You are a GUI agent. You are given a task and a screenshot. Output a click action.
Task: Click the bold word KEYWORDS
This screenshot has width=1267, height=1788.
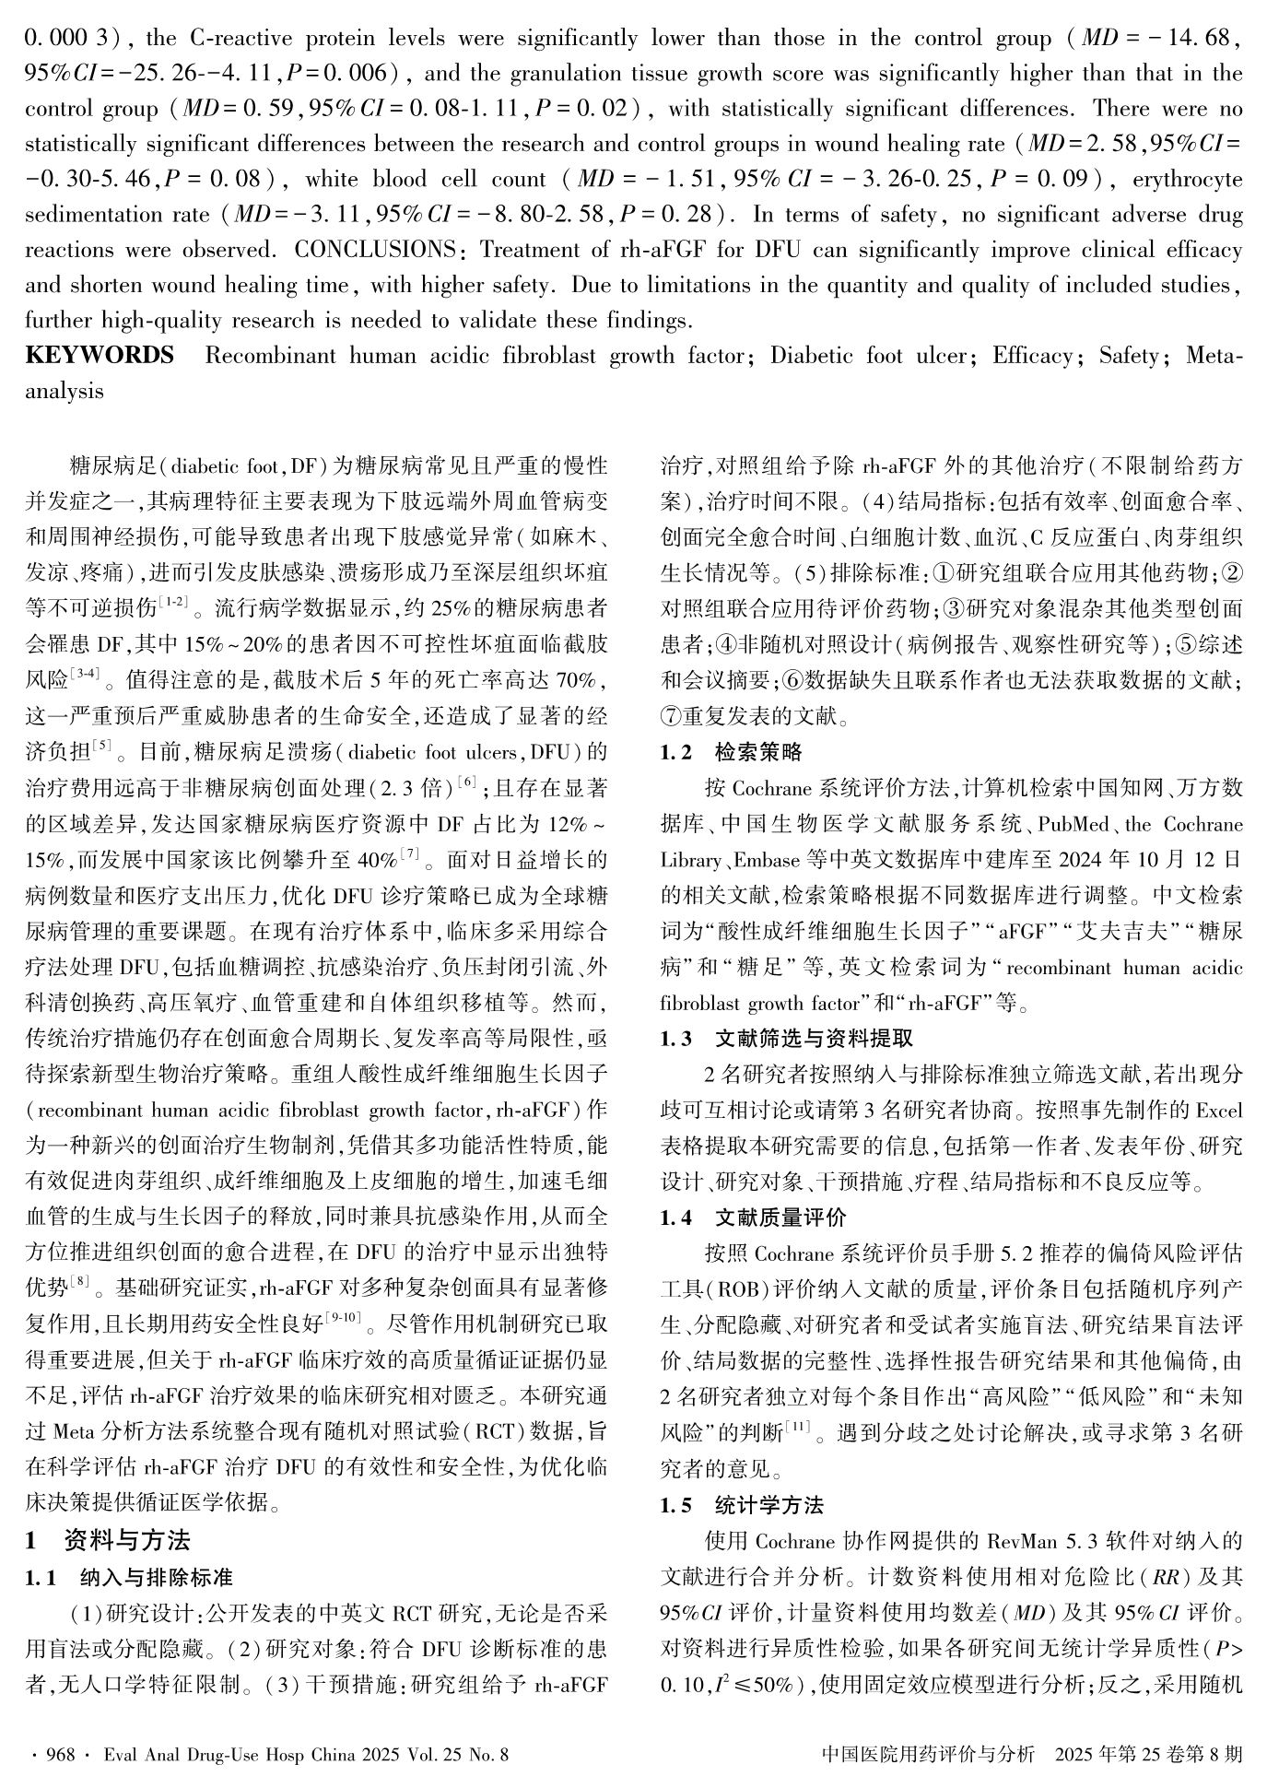pos(99,356)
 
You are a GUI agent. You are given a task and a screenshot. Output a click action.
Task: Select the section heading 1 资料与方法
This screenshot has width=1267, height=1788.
pos(108,1540)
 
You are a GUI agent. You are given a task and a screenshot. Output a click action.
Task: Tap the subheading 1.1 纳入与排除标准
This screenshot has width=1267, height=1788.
pos(128,1577)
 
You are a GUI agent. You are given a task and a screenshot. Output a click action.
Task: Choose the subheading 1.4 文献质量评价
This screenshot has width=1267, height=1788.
pos(753,1217)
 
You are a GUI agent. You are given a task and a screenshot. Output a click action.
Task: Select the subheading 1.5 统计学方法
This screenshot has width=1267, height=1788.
pos(742,1505)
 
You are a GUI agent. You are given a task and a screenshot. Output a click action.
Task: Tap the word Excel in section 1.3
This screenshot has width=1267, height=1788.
pos(1219,1110)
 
